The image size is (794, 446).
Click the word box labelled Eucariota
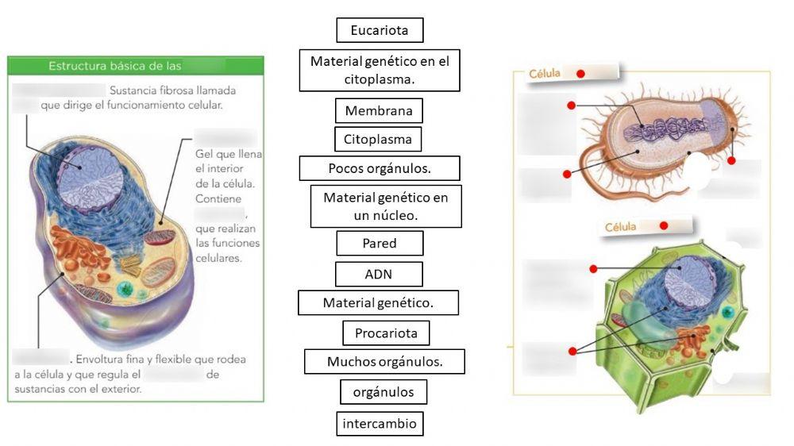pyautogui.click(x=380, y=30)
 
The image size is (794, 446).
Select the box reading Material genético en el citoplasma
pyautogui.click(x=380, y=70)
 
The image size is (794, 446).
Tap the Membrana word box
pyautogui.click(x=378, y=110)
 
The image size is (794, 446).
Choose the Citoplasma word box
pyautogui.click(x=377, y=139)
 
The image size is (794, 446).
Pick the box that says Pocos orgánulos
pyautogui.click(x=380, y=168)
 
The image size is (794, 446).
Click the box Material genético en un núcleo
pyautogui.click(x=385, y=206)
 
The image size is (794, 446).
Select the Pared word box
pyautogui.click(x=380, y=243)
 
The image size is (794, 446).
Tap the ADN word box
pyautogui.click(x=379, y=274)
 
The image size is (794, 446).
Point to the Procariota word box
pyautogui.click(x=386, y=332)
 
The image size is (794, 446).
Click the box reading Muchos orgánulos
pyautogui.click(x=384, y=361)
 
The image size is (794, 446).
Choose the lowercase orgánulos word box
pyautogui.click(x=384, y=391)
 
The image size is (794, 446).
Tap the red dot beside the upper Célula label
pyautogui.click(x=580, y=73)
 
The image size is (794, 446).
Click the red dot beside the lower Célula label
pyautogui.click(x=663, y=225)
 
